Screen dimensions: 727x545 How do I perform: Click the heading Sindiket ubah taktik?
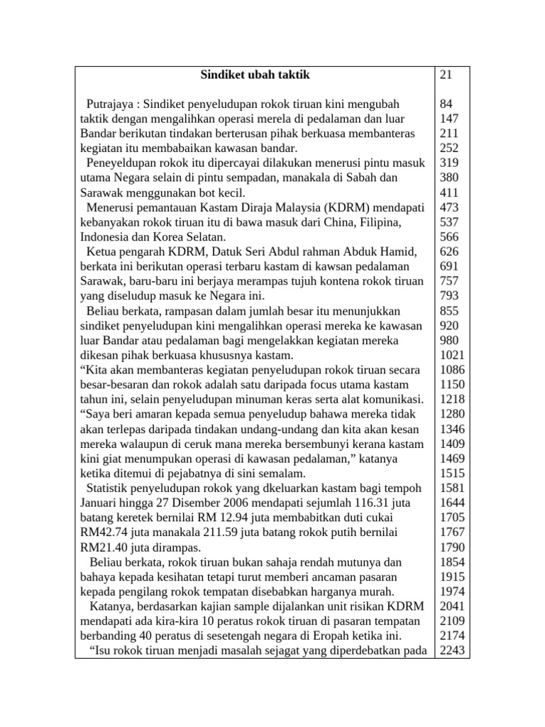254,75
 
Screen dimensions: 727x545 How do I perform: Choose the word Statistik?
111,488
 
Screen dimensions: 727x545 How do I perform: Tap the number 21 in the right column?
446,75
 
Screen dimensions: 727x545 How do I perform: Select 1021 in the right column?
452,355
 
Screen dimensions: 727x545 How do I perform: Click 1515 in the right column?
452,473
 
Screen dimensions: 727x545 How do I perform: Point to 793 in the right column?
449,296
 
